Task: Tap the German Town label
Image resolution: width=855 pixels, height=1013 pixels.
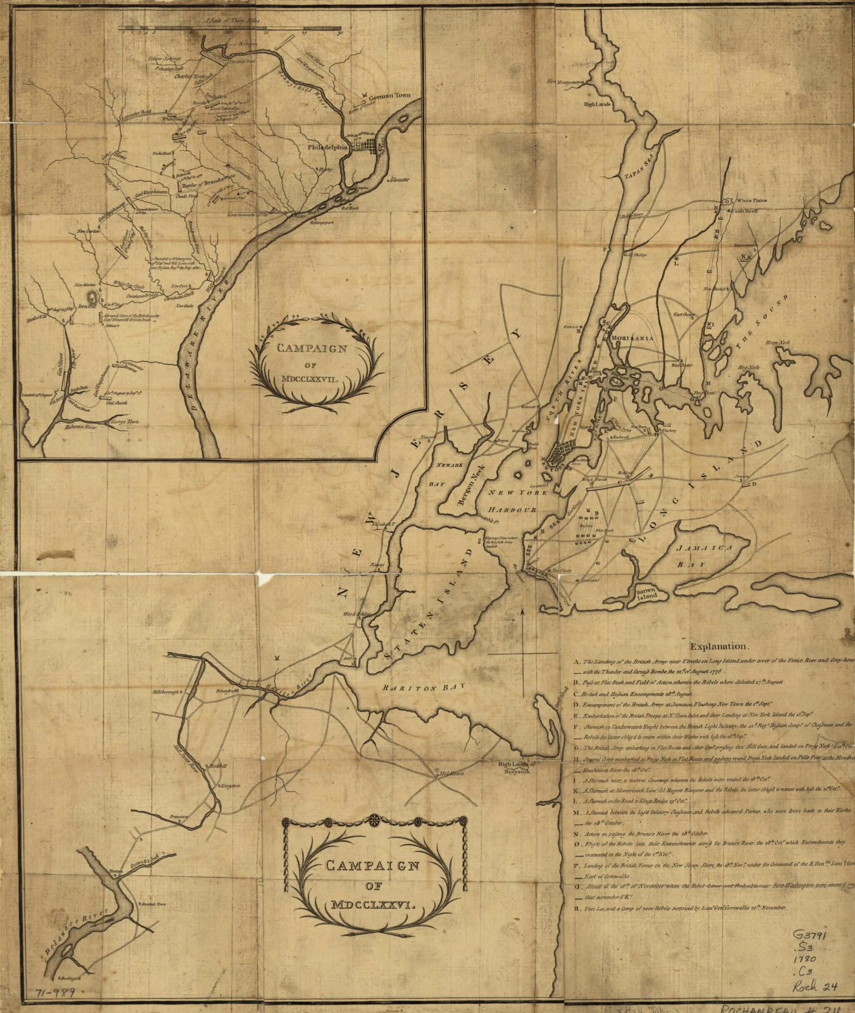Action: (390, 96)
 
